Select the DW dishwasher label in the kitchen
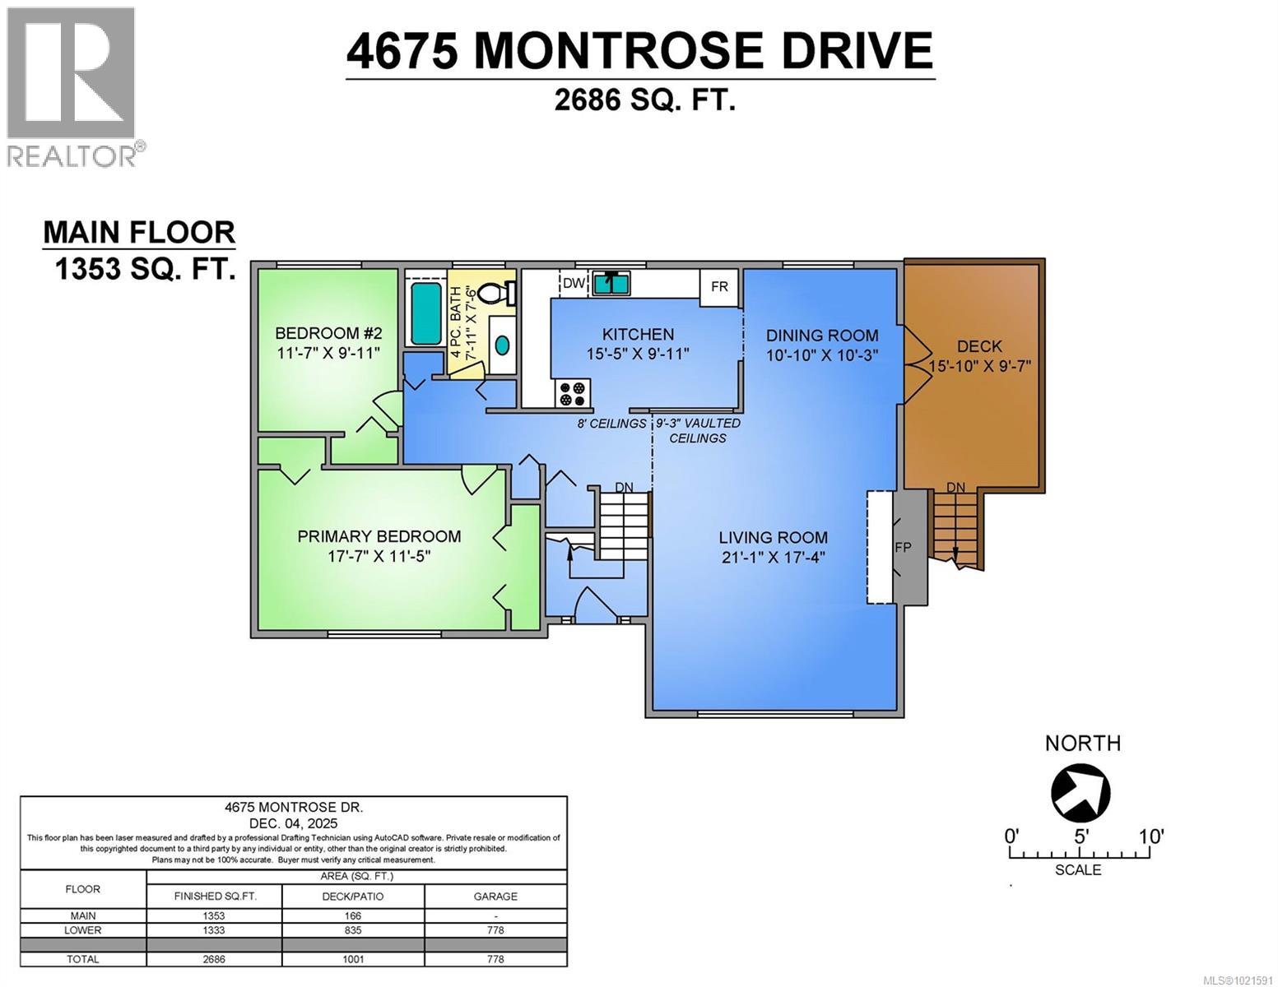(574, 284)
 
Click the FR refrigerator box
(719, 287)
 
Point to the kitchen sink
(611, 282)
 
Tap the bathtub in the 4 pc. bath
(425, 313)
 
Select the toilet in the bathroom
(495, 293)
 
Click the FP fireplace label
(903, 547)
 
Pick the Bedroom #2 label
(328, 333)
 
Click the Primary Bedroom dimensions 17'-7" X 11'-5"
(379, 557)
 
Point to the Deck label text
(979, 346)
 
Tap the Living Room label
(773, 537)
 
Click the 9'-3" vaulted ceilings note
(697, 430)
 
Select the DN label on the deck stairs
(955, 488)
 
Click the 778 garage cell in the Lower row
(495, 930)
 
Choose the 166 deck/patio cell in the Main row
(353, 915)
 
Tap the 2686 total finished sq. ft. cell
(214, 959)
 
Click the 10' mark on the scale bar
(1150, 836)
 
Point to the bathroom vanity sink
(501, 346)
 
